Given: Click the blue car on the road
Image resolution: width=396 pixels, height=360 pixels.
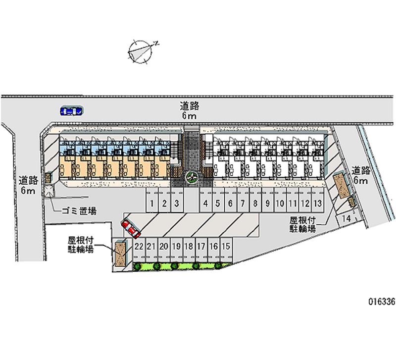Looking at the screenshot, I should [71, 111].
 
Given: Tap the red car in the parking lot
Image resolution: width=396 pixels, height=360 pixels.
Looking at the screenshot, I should [131, 228].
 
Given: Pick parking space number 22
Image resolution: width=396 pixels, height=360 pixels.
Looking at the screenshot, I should [139, 246].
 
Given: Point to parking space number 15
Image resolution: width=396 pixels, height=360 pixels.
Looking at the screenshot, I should [226, 246].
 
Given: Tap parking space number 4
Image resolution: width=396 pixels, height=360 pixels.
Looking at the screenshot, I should [205, 203].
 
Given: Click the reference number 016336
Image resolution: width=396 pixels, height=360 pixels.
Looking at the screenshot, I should [381, 302].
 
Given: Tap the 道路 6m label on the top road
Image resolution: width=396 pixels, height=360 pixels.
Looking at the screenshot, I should [189, 110].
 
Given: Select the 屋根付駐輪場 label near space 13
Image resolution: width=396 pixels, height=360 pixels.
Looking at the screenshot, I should [303, 223].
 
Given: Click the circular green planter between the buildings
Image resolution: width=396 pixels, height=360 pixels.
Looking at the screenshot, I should [191, 176].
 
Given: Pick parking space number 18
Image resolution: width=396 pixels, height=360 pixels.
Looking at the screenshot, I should [189, 246].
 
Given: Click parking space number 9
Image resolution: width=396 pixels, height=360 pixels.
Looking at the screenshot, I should [267, 203].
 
